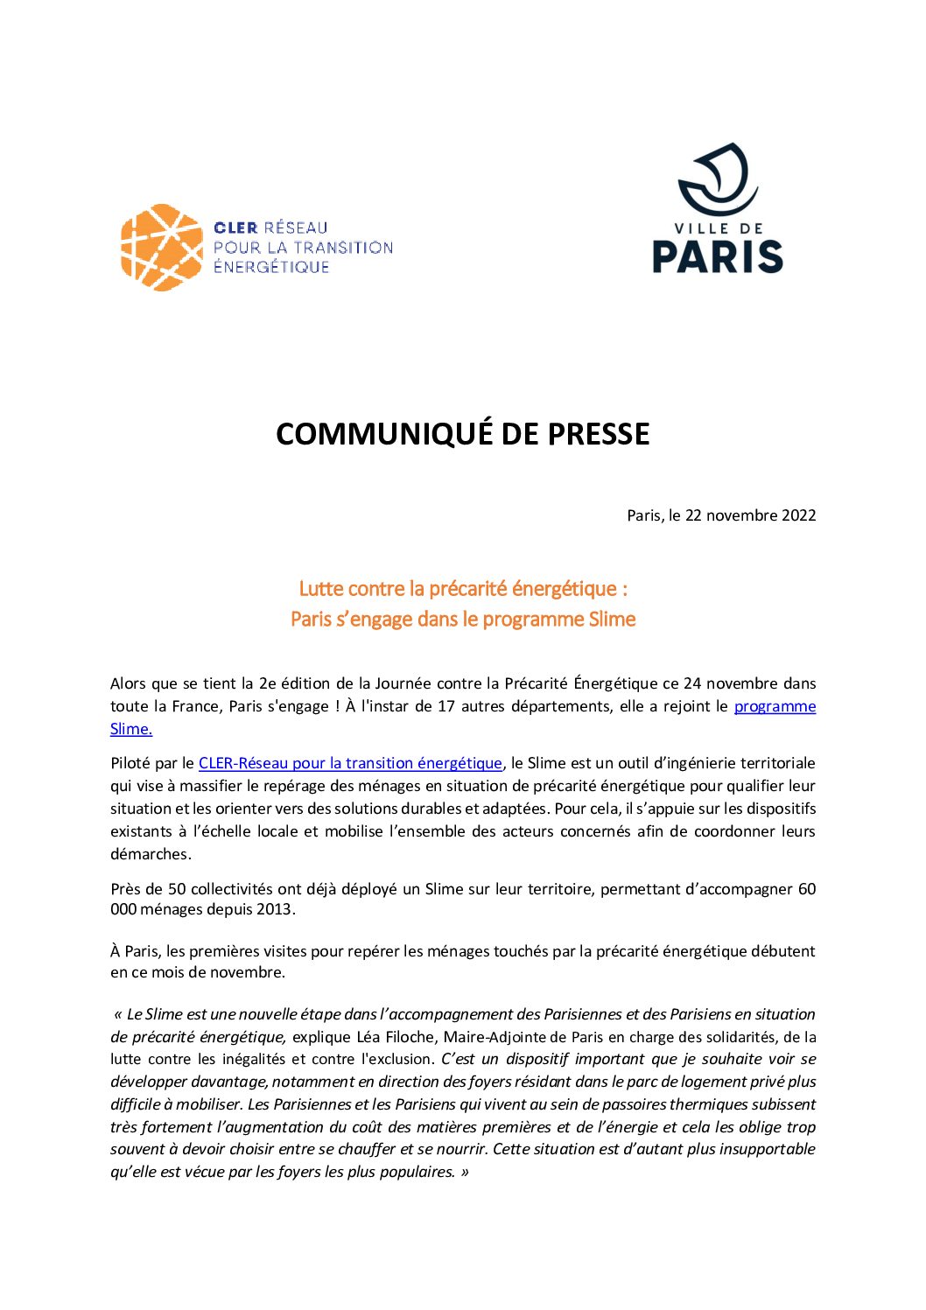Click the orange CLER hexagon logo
pyautogui.click(x=161, y=248)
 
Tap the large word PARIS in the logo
pyautogui.click(x=718, y=256)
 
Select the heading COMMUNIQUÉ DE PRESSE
pyautogui.click(x=462, y=434)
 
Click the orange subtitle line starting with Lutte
pyautogui.click(x=463, y=589)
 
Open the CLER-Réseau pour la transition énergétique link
pyautogui.click(x=350, y=763)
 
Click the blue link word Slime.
pyautogui.click(x=130, y=729)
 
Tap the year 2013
pyautogui.click(x=274, y=909)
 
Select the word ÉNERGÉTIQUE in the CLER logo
pyautogui.click(x=271, y=267)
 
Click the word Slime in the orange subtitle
pyautogui.click(x=612, y=620)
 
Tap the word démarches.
pyautogui.click(x=150, y=854)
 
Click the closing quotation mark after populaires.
pyautogui.click(x=464, y=1172)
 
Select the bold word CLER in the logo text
pyautogui.click(x=235, y=228)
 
